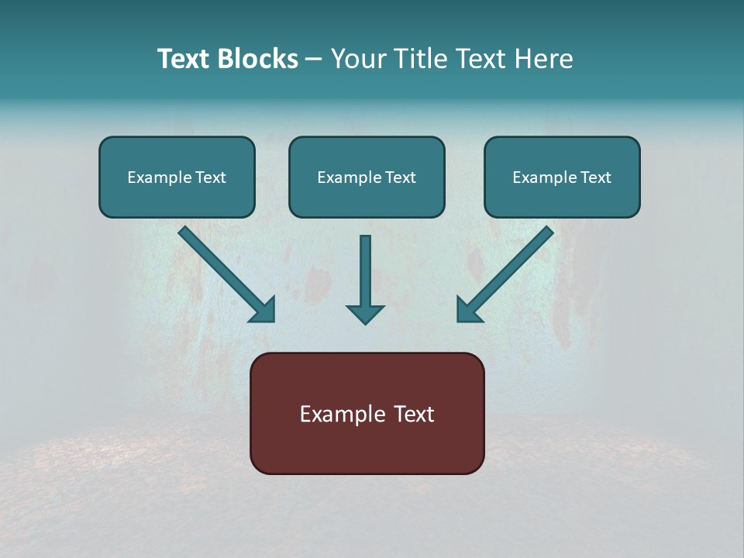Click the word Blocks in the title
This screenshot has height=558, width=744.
coord(259,59)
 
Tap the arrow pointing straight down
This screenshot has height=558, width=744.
coord(365,279)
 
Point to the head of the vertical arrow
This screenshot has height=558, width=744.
coord(365,314)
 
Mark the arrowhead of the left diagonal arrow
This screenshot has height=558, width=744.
coord(264,310)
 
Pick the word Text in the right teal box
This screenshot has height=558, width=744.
coord(596,177)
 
